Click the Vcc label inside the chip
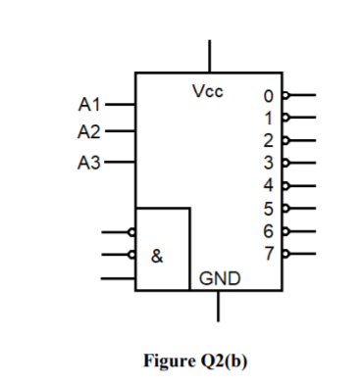tap(207, 92)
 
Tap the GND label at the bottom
tap(218, 279)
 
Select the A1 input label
tap(89, 103)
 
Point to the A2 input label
tap(89, 131)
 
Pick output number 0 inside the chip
tap(267, 97)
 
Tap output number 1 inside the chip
tap(267, 119)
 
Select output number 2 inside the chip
tap(267, 140)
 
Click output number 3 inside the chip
tap(267, 162)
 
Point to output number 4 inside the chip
tap(267, 184)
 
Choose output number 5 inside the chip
tap(267, 207)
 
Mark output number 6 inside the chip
tap(267, 228)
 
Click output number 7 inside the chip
tap(267, 251)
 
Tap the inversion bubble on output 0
tap(285, 96)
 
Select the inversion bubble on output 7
tap(285, 251)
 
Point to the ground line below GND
tap(218, 306)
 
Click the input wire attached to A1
tap(120, 103)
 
